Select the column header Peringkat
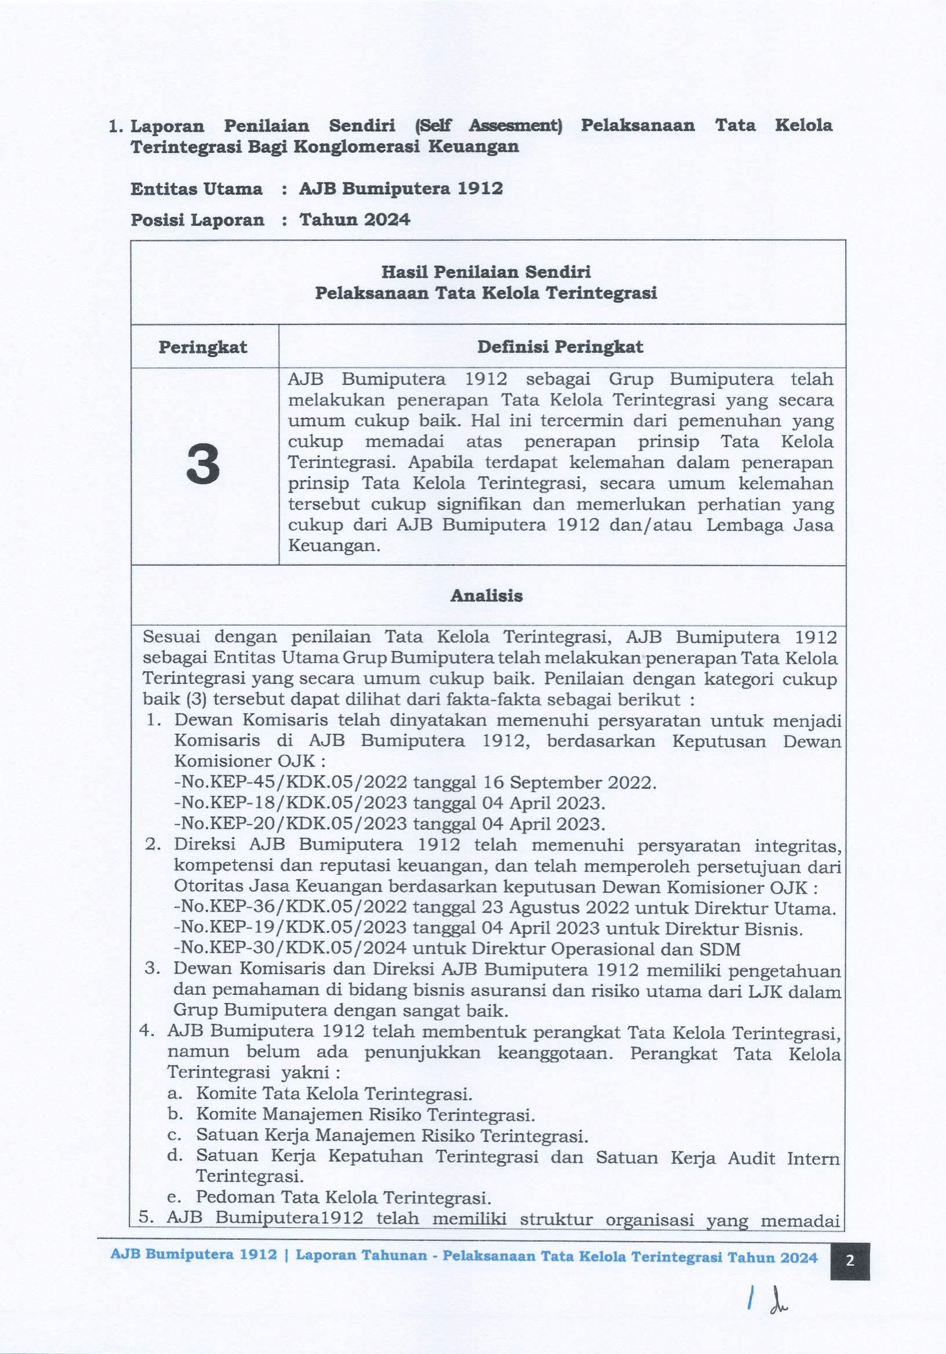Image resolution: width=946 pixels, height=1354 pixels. [x=203, y=347]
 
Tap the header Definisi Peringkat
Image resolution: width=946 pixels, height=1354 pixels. [x=560, y=347]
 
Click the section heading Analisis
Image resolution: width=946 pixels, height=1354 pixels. [x=487, y=596]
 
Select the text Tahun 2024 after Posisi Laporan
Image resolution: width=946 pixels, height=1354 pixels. [x=354, y=220]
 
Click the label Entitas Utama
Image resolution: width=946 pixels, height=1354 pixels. [x=197, y=189]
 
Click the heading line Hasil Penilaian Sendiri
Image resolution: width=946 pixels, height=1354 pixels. [x=486, y=272]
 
